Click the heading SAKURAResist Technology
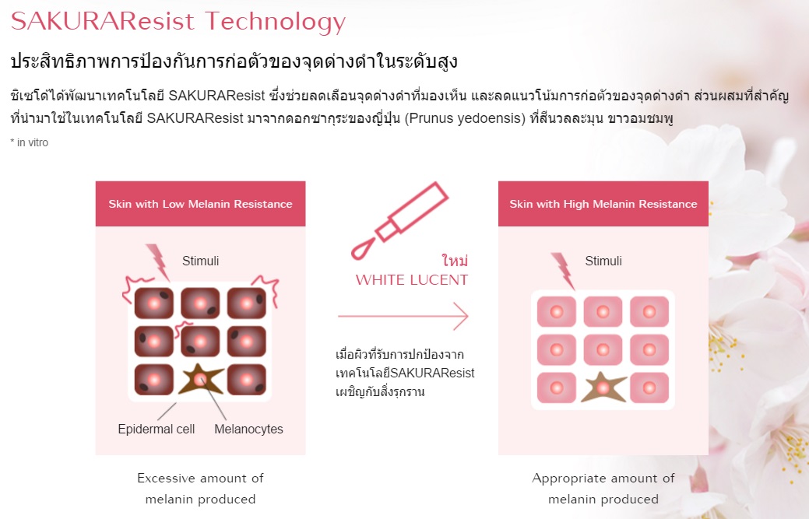pyautogui.click(x=178, y=21)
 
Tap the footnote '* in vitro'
pyautogui.click(x=30, y=142)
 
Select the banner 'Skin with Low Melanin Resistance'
pyautogui.click(x=200, y=204)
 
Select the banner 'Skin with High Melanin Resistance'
pyautogui.click(x=603, y=204)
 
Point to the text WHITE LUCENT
pyautogui.click(x=412, y=280)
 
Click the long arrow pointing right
pyautogui.click(x=403, y=317)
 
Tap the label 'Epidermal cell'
pyautogui.click(x=157, y=429)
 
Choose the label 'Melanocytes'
pyautogui.click(x=248, y=429)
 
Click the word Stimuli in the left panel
pyautogui.click(x=201, y=261)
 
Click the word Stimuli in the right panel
pyautogui.click(x=603, y=261)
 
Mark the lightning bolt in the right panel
pyautogui.click(x=562, y=270)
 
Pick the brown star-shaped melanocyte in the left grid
pyautogui.click(x=202, y=379)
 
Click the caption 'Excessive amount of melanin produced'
pyautogui.click(x=200, y=488)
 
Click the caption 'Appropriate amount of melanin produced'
pyautogui.click(x=603, y=488)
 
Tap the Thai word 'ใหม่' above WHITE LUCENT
pyautogui.click(x=454, y=259)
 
